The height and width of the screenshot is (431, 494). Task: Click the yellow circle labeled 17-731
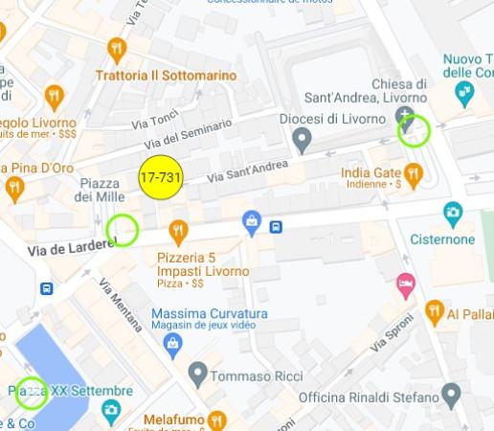(161, 177)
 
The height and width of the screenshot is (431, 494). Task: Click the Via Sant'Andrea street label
(248, 171)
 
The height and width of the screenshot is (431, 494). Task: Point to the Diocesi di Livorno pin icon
(303, 142)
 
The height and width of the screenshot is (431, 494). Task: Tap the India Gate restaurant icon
(414, 173)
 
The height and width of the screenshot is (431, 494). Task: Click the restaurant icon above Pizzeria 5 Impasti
(177, 231)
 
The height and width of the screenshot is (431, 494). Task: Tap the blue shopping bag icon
(252, 221)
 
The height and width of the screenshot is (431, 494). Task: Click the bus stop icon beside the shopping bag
(276, 227)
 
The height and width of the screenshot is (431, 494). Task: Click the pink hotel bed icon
(406, 284)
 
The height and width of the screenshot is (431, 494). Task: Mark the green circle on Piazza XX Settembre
(32, 393)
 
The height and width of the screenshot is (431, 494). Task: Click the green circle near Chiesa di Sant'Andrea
(415, 130)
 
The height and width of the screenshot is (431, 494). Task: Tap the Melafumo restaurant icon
(217, 420)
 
